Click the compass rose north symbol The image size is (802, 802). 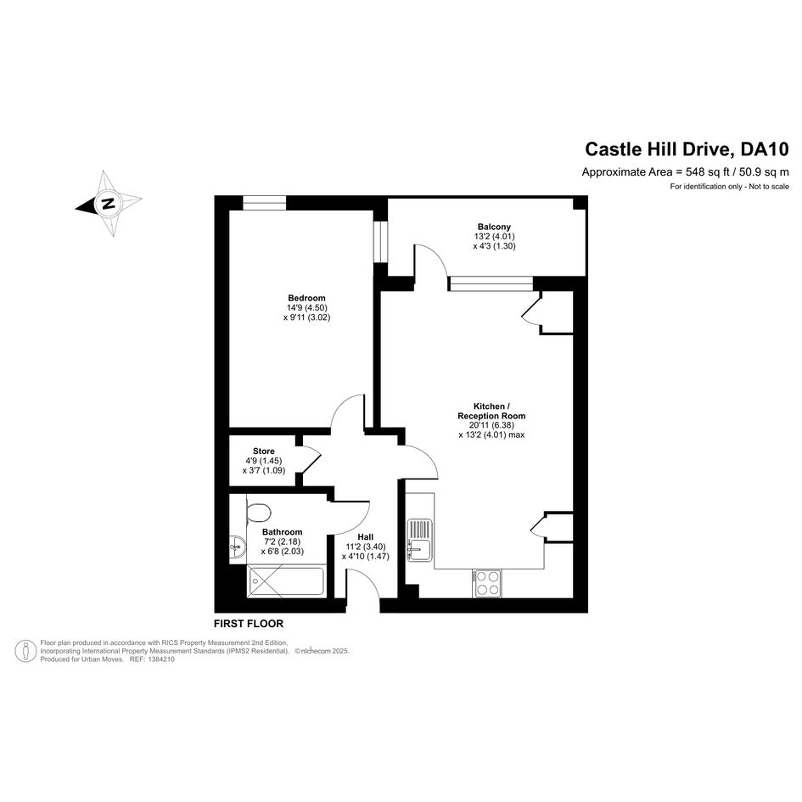coord(108,204)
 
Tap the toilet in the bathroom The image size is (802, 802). coord(258,513)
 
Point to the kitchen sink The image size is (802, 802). coord(419,540)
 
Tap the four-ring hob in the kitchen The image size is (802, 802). coord(487,583)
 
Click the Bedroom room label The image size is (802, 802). coord(306,298)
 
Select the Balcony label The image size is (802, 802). coord(494,227)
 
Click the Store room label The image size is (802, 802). coord(264,451)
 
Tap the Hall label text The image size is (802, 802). coord(365,537)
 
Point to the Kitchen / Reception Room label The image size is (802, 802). coord(491,412)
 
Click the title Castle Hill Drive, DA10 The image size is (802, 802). coord(687,149)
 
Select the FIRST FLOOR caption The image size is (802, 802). coord(249,624)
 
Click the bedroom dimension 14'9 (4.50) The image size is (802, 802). coord(307,308)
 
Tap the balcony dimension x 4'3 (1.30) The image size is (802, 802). coord(494,246)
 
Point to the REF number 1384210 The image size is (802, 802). coord(161,659)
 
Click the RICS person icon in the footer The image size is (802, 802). coord(25,651)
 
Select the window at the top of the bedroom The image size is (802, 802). coord(264,203)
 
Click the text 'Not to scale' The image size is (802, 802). coord(769,187)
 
